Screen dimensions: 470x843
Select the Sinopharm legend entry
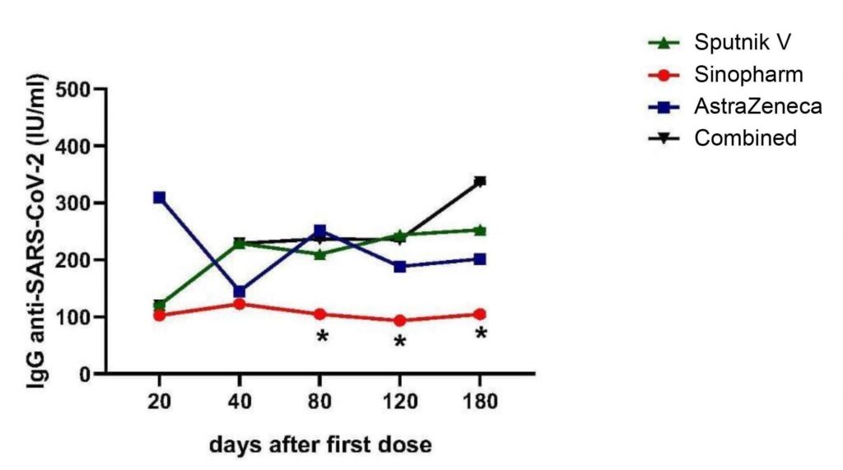[x=738, y=74]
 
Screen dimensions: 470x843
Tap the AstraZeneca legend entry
[x=746, y=106]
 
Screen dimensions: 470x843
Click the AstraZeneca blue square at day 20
[x=159, y=198]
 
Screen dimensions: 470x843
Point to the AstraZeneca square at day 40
[x=240, y=291]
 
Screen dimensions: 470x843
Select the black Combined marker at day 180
[x=480, y=181]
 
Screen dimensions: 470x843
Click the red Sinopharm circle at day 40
[x=240, y=304]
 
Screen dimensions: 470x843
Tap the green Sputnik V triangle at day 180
[x=480, y=230]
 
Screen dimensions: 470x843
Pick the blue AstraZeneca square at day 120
[x=400, y=267]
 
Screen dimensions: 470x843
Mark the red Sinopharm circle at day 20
[x=159, y=314]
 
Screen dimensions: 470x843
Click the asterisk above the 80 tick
[x=322, y=337]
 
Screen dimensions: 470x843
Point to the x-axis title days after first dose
[x=319, y=445]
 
